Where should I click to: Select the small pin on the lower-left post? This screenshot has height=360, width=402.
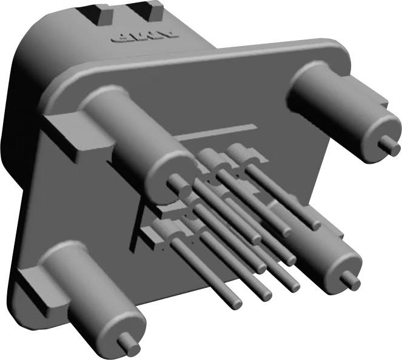pos(129,344)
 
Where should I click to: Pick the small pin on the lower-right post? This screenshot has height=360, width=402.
pos(349,279)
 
